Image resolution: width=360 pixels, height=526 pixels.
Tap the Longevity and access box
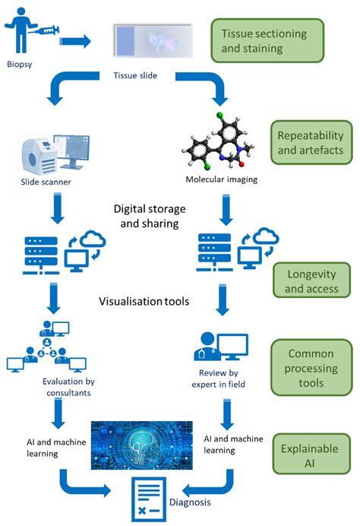coord(311,280)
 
